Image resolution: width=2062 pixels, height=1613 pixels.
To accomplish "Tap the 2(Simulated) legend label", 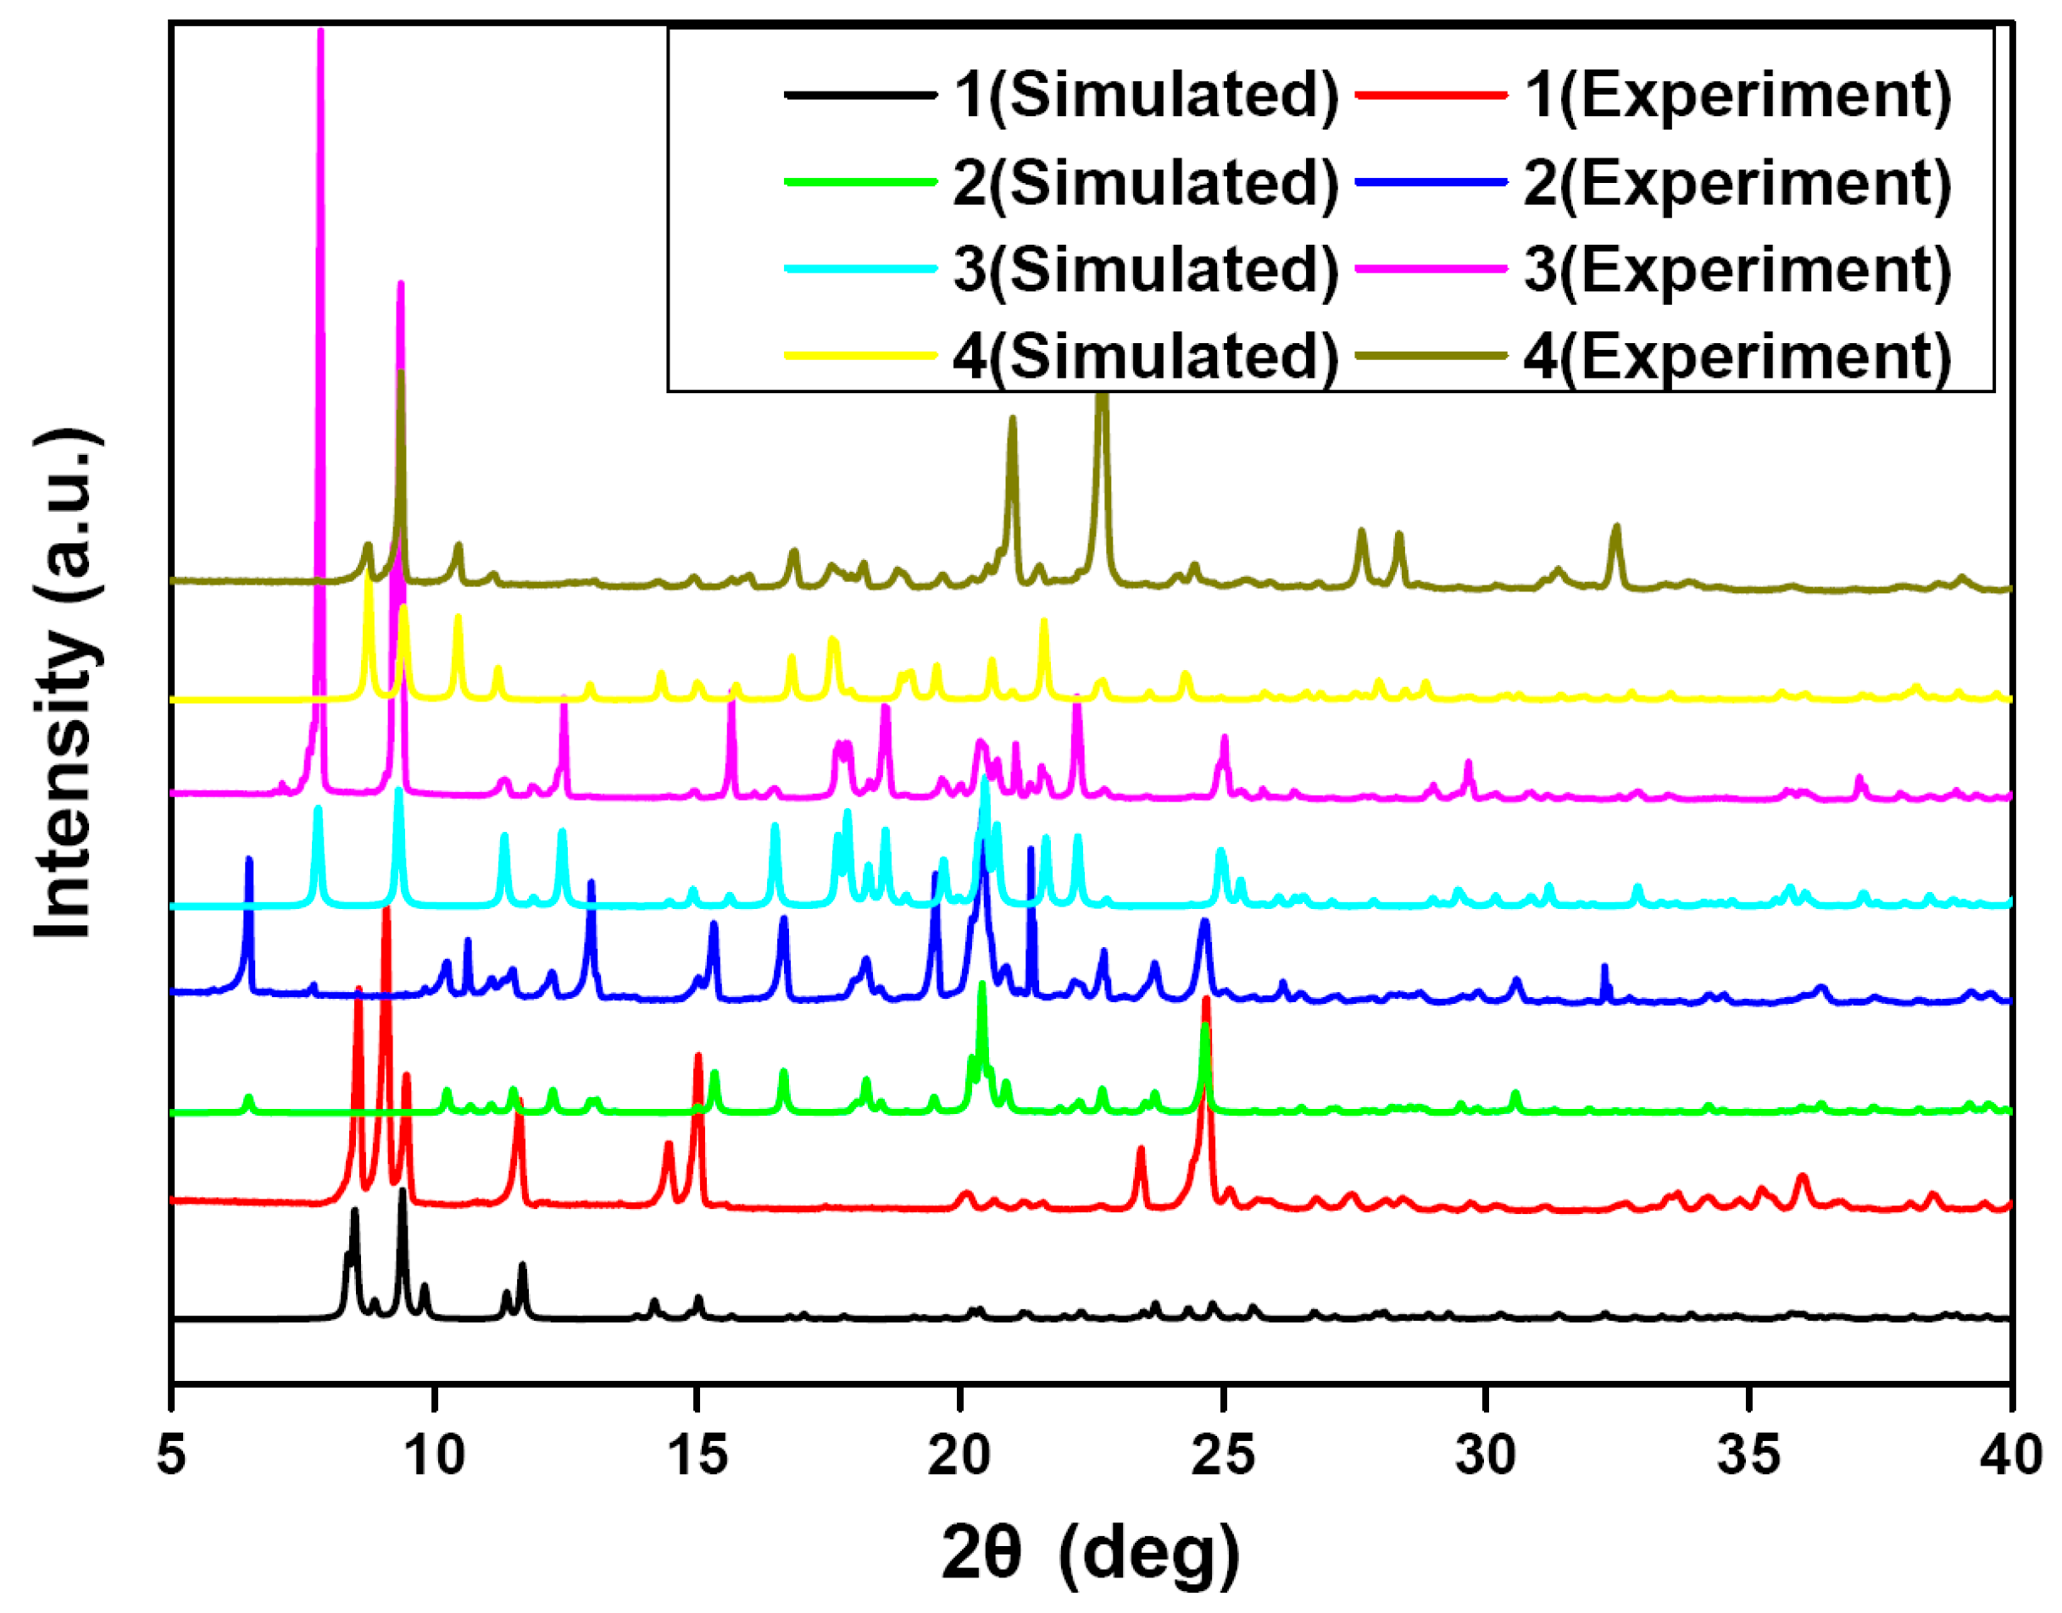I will (1146, 182).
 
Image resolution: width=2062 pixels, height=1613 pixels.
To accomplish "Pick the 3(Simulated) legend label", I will (1146, 269).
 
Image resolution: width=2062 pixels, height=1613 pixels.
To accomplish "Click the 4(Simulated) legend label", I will (1146, 356).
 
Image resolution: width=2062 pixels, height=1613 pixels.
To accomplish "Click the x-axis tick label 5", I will (171, 1454).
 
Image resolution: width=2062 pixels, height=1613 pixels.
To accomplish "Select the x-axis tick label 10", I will (434, 1454).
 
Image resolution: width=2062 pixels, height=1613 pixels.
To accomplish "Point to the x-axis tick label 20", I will (959, 1454).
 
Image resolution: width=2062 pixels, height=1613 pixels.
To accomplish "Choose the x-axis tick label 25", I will (1222, 1454).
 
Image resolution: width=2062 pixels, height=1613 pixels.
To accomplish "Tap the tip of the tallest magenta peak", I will (320, 32).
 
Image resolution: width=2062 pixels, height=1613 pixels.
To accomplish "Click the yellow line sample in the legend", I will (859, 356).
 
